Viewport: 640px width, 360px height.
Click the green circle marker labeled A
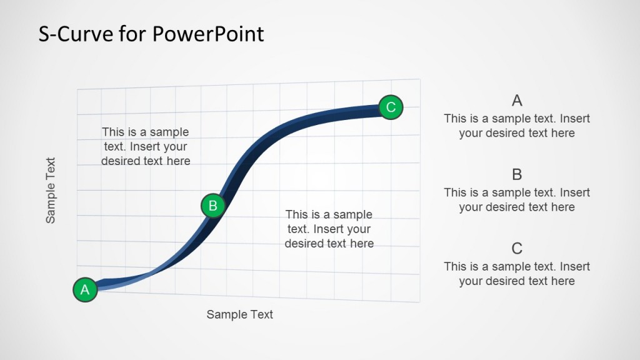85,290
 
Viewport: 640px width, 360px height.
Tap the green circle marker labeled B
212,205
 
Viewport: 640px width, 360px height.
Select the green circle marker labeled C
391,107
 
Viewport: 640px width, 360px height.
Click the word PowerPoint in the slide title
207,34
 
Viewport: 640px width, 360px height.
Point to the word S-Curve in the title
76,34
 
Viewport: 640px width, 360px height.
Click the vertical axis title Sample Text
51,190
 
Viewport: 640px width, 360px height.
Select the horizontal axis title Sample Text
239,314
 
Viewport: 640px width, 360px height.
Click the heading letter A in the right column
516,101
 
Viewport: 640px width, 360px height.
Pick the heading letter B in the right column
516,174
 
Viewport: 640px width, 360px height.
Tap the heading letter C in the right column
516,249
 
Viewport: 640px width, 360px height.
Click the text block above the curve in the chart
146,146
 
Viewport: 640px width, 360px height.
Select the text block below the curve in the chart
329,229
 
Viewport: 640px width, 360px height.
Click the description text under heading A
516,126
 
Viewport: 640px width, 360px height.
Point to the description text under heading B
516,200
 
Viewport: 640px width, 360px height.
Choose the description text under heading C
516,274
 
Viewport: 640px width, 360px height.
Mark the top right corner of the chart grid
419,79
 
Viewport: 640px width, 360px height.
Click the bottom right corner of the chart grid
419,302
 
